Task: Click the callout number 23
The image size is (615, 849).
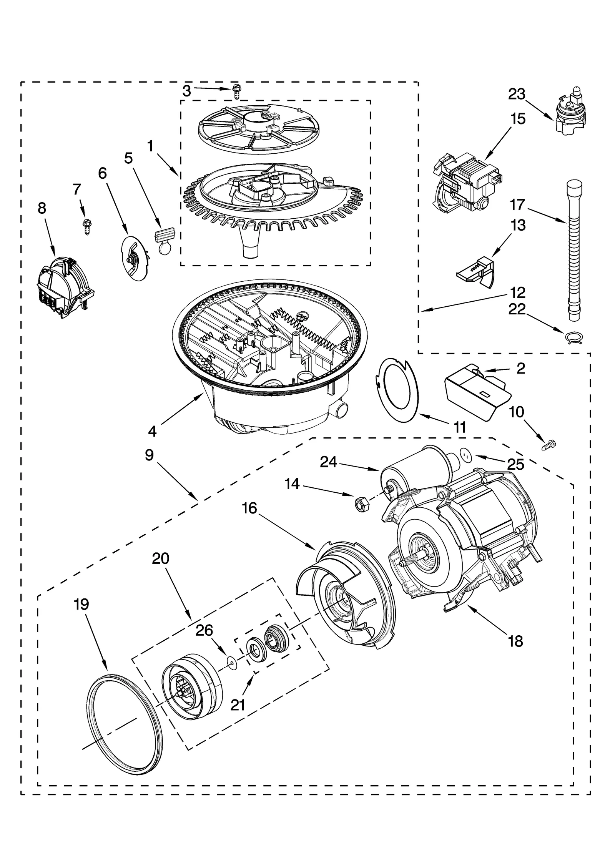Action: pyautogui.click(x=517, y=94)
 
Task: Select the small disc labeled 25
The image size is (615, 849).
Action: pyautogui.click(x=466, y=454)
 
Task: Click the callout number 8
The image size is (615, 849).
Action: pyautogui.click(x=42, y=208)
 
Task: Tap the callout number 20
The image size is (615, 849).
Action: pyautogui.click(x=161, y=558)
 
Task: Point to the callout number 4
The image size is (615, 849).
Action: pyautogui.click(x=152, y=431)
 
